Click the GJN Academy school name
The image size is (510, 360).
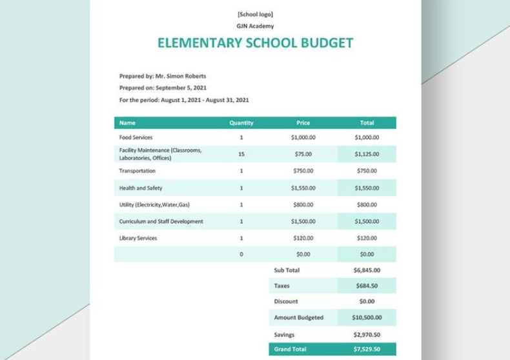pos(255,26)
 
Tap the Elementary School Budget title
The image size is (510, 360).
pos(255,43)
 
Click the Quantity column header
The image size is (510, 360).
pos(241,122)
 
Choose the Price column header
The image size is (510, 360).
pos(303,122)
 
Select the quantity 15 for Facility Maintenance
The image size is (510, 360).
pos(241,154)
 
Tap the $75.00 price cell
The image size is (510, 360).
pos(303,154)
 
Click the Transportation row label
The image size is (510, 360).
pos(138,171)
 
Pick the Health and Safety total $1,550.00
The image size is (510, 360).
pos(367,188)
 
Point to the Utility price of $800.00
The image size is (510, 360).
pos(303,205)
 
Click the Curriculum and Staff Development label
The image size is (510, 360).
pos(161,221)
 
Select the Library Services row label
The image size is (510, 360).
pos(138,238)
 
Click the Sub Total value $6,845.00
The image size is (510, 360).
pos(367,270)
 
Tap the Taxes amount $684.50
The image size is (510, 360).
pos(367,285)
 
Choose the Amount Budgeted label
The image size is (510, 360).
pos(298,317)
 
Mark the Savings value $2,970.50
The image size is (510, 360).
pos(367,334)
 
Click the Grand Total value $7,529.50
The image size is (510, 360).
pos(367,348)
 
